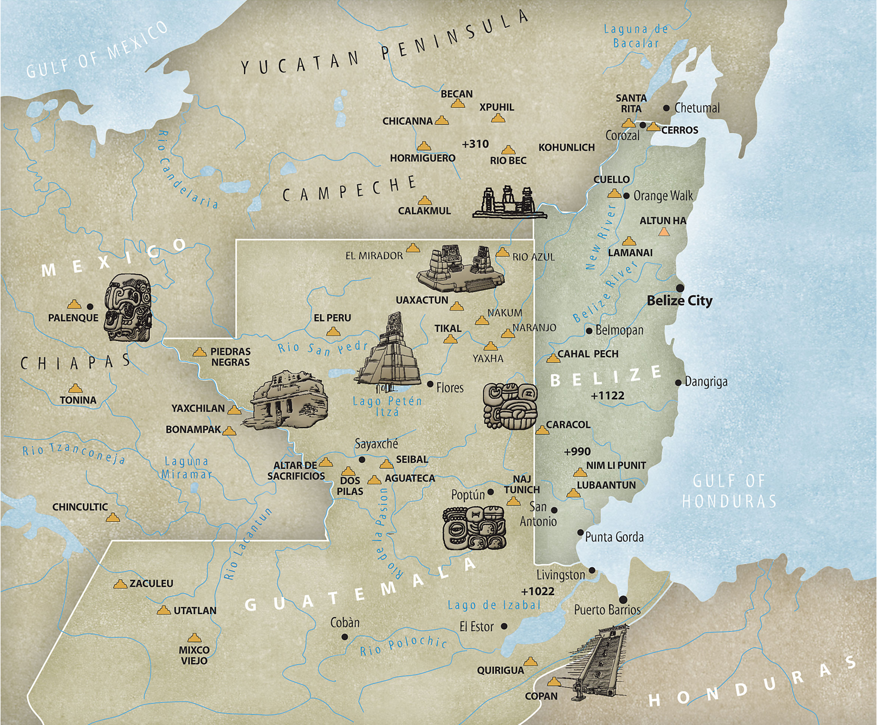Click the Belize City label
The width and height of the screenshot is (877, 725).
click(680, 300)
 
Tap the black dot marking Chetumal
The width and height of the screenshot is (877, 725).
click(667, 108)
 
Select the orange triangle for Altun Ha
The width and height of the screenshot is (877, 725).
click(664, 232)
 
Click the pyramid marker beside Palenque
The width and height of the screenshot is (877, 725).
click(74, 305)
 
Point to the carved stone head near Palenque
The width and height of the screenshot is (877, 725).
click(128, 307)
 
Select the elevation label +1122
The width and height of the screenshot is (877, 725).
click(608, 396)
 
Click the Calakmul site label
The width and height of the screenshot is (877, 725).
click(424, 211)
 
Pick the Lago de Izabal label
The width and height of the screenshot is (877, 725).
click(494, 605)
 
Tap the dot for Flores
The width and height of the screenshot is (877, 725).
click(430, 384)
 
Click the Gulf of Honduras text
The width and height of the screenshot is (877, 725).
click(729, 491)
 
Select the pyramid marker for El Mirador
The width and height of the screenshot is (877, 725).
click(413, 248)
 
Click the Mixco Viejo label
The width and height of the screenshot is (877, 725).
click(194, 655)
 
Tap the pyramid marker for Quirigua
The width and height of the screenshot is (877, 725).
click(530, 661)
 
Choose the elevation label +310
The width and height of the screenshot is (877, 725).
click(475, 144)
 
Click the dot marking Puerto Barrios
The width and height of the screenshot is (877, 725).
click(623, 600)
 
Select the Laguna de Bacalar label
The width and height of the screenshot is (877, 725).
click(636, 36)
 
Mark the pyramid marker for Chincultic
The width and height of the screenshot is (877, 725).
click(113, 518)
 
